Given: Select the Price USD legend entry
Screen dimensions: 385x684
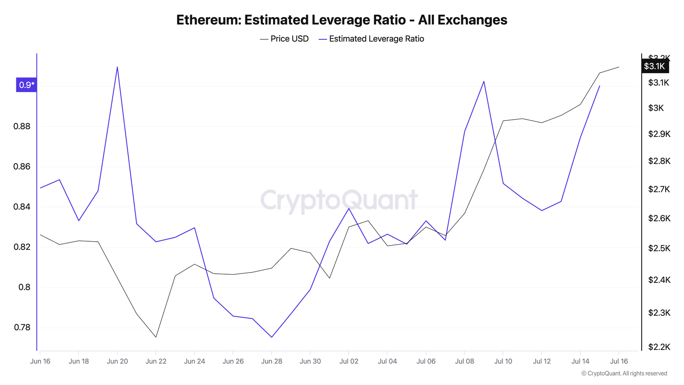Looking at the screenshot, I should click(284, 39).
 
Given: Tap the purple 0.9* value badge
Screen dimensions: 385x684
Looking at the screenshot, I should click(27, 85).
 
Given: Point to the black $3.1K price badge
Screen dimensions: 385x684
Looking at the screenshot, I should click(655, 66).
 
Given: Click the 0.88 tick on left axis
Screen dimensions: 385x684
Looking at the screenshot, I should click(22, 126).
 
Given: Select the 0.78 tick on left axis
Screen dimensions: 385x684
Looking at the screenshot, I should click(22, 328).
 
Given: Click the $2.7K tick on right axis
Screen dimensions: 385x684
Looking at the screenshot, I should click(659, 189).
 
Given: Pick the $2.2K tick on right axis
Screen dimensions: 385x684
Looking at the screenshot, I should click(659, 347).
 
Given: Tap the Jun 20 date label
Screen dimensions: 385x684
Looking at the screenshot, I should click(117, 361).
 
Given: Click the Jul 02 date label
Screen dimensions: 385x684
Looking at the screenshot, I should click(349, 361).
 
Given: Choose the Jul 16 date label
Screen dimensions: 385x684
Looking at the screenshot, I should click(619, 361).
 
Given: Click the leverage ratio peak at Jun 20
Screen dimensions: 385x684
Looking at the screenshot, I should click(117, 67).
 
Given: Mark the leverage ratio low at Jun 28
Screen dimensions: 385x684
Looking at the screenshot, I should click(271, 337).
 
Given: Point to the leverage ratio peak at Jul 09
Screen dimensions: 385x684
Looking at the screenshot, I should click(484, 81).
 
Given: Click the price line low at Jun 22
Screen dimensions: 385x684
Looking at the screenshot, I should click(156, 337).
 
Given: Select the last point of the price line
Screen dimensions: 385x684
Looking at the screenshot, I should click(619, 67).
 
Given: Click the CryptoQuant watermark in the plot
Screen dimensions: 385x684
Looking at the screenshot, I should click(339, 200).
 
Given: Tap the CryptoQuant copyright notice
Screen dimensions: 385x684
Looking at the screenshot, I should click(624, 373).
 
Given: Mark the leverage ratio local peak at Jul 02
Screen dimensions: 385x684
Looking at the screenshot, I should click(349, 208).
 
